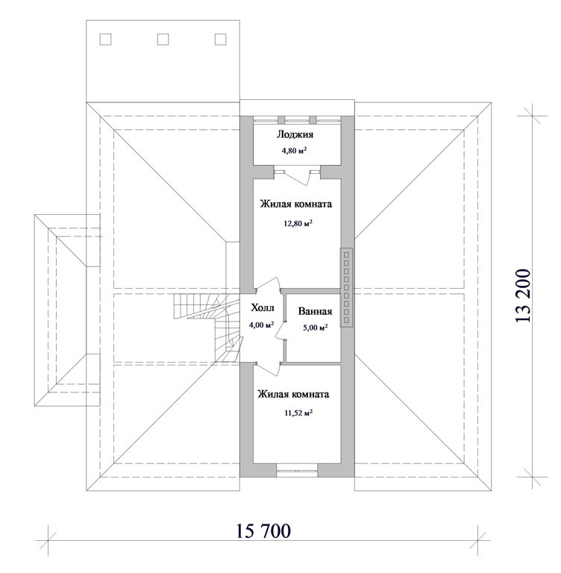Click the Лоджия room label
tap(295, 134)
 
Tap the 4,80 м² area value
tap(294, 151)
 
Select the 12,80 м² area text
tap(298, 223)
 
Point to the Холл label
tap(263, 308)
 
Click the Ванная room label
tap(315, 311)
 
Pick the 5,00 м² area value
tap(315, 328)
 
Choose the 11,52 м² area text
tap(298, 413)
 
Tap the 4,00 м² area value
tap(262, 325)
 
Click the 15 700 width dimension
tap(263, 531)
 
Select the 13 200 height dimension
tap(523, 296)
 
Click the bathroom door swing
tap(280, 330)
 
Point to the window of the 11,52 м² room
tap(297, 471)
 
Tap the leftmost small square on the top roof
tap(106, 40)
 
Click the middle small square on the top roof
tap(163, 40)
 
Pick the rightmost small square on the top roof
tap(220, 40)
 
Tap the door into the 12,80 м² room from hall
tap(269, 284)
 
